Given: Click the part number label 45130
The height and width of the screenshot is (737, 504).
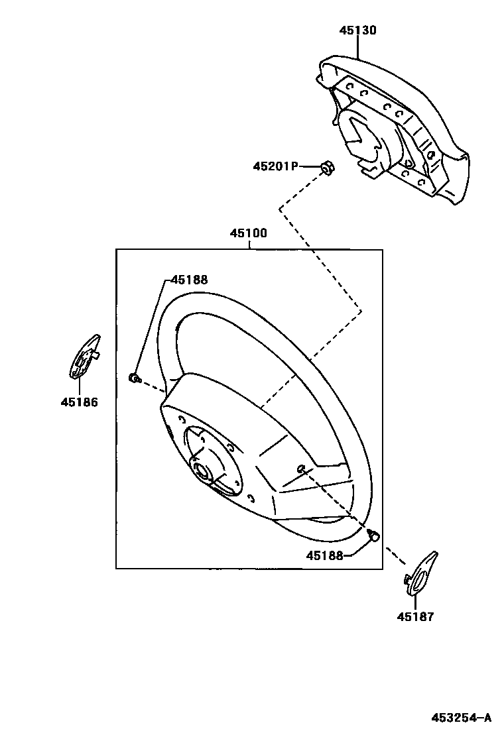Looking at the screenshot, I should point(358,30).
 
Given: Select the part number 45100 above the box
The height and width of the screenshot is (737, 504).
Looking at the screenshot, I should point(249,233).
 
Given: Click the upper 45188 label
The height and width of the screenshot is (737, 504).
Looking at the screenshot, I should point(189,280).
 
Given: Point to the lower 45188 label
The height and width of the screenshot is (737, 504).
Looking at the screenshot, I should point(324,555).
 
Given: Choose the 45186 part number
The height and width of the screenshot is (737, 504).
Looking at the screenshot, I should point(79,402).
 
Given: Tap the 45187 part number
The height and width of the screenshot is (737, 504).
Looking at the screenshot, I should point(416,617).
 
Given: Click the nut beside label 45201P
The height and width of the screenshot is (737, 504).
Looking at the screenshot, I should point(326,167).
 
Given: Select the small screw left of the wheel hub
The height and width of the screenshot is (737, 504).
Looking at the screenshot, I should point(133,378).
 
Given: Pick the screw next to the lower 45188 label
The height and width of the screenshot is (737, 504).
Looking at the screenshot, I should point(373,535).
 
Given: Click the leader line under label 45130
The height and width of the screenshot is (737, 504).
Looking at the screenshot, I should point(358,48).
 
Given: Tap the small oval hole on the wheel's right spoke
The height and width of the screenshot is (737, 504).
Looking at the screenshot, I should point(301,469).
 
